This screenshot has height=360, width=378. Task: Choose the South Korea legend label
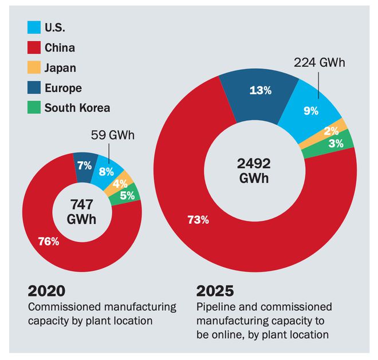[x=77, y=108]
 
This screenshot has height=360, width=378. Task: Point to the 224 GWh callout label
[x=320, y=62]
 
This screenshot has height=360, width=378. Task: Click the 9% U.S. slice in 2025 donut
[x=312, y=110]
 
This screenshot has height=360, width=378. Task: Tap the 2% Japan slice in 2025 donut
[x=332, y=130]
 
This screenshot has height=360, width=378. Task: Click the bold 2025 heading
[x=215, y=291]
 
